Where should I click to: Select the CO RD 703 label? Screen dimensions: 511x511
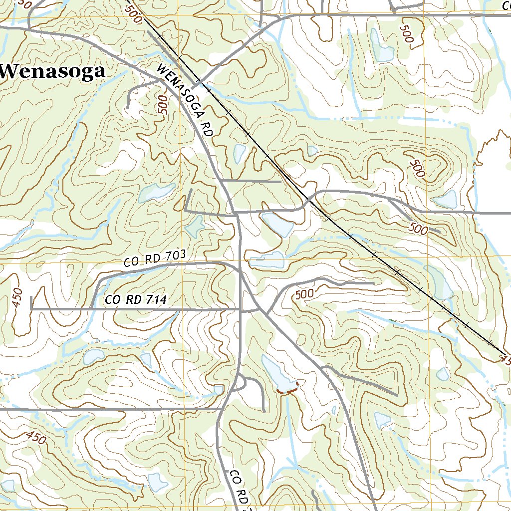pyautogui.click(x=155, y=258)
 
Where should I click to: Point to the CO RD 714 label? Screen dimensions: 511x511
pyautogui.click(x=135, y=299)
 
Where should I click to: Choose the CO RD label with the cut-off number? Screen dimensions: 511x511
pyautogui.click(x=239, y=490)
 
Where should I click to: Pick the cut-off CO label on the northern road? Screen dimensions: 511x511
pyautogui.click(x=504, y=5)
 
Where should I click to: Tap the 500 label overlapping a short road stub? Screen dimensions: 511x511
pyautogui.click(x=418, y=229)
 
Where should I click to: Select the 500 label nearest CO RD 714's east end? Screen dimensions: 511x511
pyautogui.click(x=304, y=293)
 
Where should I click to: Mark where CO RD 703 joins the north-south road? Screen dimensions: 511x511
pyautogui.click(x=240, y=272)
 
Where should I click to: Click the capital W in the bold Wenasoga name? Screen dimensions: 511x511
pyautogui.click(x=11, y=71)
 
